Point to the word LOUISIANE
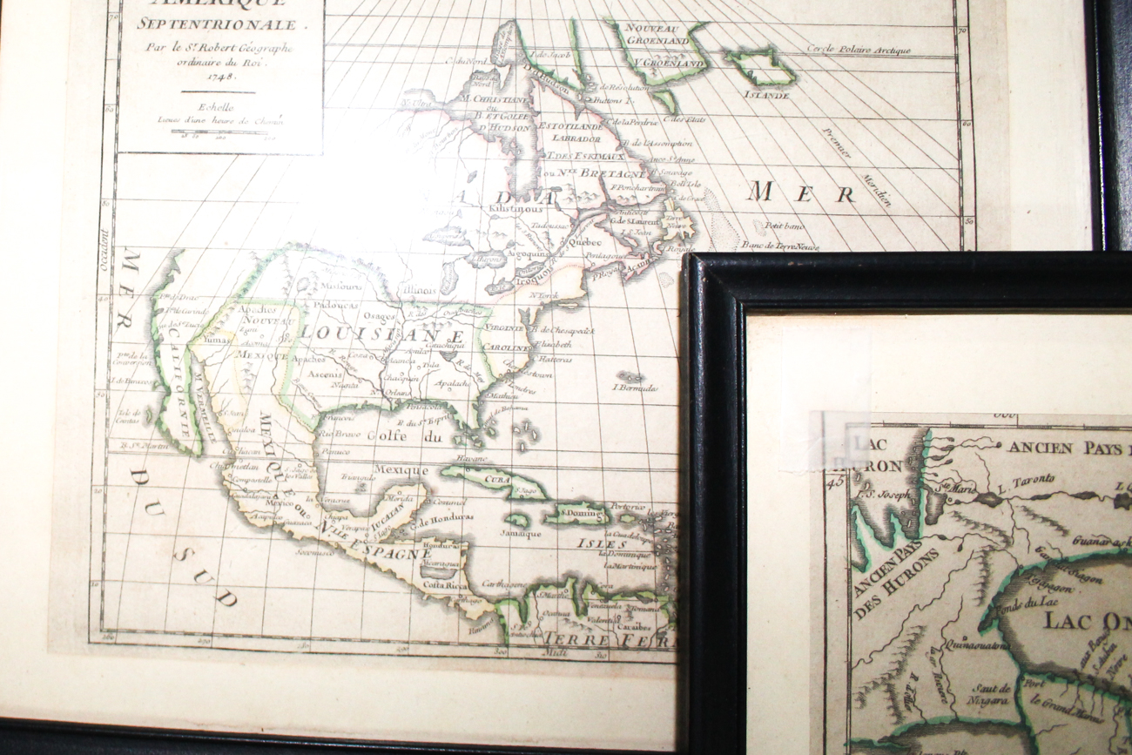382,333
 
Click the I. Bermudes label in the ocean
636,388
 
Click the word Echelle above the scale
219,106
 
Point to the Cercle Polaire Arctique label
858,50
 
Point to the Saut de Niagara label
989,694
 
